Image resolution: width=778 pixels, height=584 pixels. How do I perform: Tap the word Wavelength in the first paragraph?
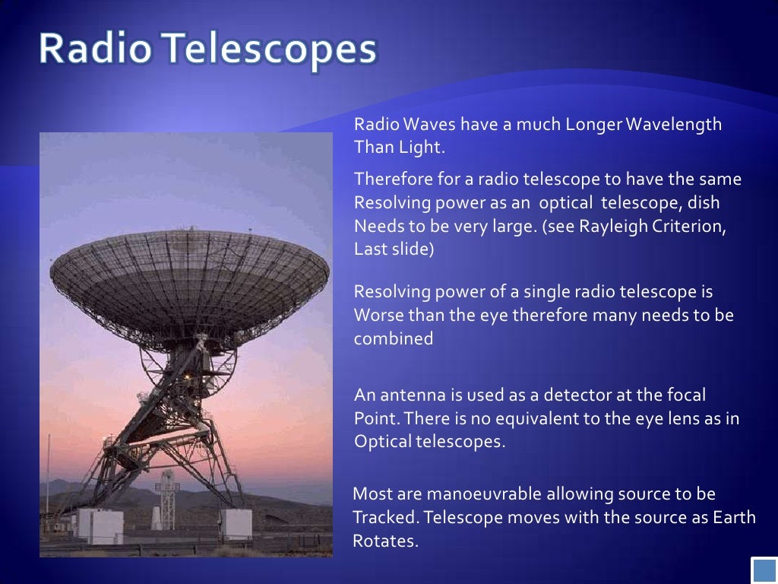(x=675, y=125)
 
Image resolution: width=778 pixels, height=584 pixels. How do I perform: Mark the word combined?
(x=394, y=338)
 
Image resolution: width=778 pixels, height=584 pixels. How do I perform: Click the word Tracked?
(x=386, y=518)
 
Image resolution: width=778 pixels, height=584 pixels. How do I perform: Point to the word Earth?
(x=735, y=518)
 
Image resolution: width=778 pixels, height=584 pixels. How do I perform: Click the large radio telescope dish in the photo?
(x=189, y=274)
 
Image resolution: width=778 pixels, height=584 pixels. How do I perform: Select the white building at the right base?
(x=236, y=524)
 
